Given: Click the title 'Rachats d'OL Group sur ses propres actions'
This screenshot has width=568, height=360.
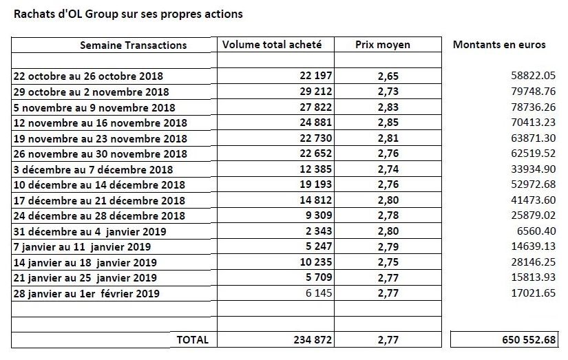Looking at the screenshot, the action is [128, 14].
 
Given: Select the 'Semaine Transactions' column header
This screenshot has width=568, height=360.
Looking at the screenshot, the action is [134, 45].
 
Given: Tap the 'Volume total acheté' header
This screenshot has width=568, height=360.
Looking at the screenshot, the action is [272, 45].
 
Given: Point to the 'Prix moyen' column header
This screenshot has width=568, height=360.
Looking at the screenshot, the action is [383, 45].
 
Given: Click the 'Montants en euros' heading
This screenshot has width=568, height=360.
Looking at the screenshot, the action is [499, 45].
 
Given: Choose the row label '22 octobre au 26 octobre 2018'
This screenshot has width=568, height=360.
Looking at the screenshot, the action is [88, 76].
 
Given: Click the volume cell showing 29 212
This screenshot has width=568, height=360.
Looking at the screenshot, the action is [316, 92].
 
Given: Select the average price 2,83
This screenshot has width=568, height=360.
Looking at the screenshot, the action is [388, 107].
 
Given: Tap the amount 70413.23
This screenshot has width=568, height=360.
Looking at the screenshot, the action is [533, 123].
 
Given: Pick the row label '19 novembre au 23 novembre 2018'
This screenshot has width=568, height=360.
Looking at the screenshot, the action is [101, 139].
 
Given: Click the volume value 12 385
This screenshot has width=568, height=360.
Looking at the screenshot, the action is [316, 169].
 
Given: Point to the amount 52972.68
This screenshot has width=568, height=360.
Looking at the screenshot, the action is [533, 184].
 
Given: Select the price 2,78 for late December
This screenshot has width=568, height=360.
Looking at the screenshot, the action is [388, 215].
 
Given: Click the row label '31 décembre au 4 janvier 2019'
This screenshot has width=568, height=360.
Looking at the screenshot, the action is [90, 231].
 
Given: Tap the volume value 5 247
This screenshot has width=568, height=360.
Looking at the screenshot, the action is [319, 246].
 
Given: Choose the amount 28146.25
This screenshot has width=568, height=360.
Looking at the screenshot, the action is [533, 262].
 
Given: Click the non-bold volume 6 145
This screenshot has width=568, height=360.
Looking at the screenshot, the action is [319, 293].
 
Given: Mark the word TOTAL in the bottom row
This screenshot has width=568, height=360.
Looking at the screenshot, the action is [193, 340].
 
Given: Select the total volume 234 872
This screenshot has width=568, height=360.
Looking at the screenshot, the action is [313, 340].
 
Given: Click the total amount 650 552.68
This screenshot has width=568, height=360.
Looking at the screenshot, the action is [529, 340].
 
